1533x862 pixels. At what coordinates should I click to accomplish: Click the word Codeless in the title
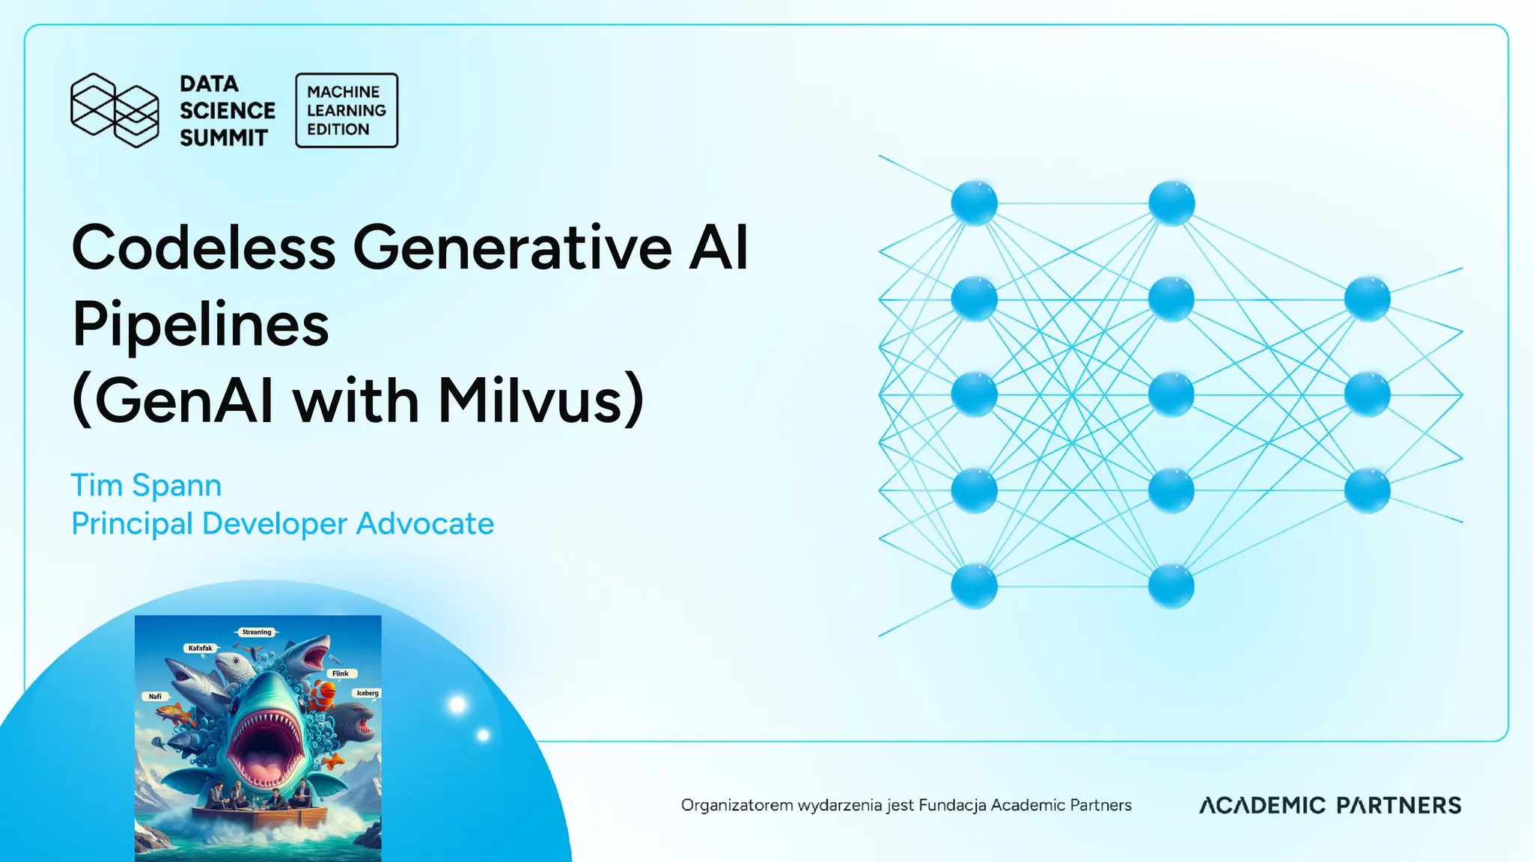203,248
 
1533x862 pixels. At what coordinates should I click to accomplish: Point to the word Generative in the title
513,248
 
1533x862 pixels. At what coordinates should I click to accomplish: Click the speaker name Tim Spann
146,485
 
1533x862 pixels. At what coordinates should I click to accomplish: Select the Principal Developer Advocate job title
282,524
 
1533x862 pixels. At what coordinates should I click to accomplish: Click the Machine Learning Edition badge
347,110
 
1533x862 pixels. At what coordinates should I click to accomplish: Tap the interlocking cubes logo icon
115,110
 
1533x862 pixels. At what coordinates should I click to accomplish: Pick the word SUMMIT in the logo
223,138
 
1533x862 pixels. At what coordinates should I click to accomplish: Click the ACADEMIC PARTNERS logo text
1330,805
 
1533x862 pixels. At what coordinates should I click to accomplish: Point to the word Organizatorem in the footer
737,805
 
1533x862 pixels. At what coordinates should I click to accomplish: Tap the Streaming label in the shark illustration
257,632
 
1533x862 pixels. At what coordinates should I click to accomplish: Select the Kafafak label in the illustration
200,648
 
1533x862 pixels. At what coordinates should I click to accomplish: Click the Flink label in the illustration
341,673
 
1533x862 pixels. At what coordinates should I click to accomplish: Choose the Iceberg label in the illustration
368,693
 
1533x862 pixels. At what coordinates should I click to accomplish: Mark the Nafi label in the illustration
155,697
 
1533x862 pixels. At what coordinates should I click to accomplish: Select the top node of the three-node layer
1367,299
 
